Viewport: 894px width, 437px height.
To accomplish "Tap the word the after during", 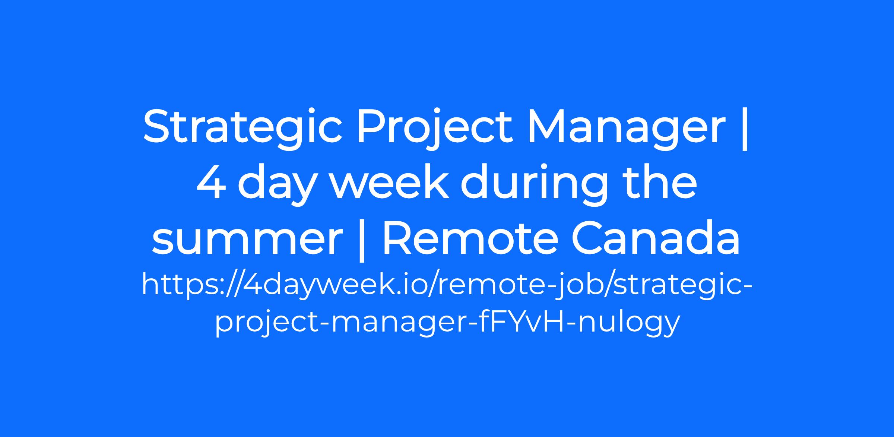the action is point(658,183).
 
